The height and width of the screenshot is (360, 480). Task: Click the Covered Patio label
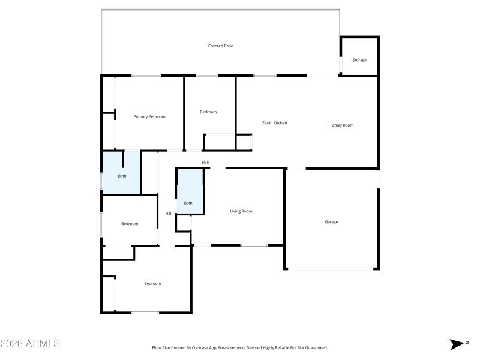coord(220,46)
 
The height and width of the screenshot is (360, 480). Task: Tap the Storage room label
coord(359,60)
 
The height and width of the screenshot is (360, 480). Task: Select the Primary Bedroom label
coord(149,116)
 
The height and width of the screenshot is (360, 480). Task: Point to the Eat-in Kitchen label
coord(274,123)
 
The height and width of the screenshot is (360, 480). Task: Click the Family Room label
coord(341,125)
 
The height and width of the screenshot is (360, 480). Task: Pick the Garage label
coord(331,222)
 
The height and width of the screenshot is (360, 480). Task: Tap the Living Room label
coord(241,211)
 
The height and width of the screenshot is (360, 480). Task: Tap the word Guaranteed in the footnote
coord(313,347)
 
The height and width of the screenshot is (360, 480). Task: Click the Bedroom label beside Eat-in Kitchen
coord(208,112)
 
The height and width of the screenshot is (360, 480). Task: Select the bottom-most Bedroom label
coord(152,283)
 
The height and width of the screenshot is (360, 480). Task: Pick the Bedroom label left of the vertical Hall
coord(130,224)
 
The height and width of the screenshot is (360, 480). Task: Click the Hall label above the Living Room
coord(205,163)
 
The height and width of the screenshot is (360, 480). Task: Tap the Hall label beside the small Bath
coord(169,213)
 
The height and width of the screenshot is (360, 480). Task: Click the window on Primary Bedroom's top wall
coord(146,76)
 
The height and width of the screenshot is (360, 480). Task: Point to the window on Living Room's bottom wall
coord(254,245)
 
